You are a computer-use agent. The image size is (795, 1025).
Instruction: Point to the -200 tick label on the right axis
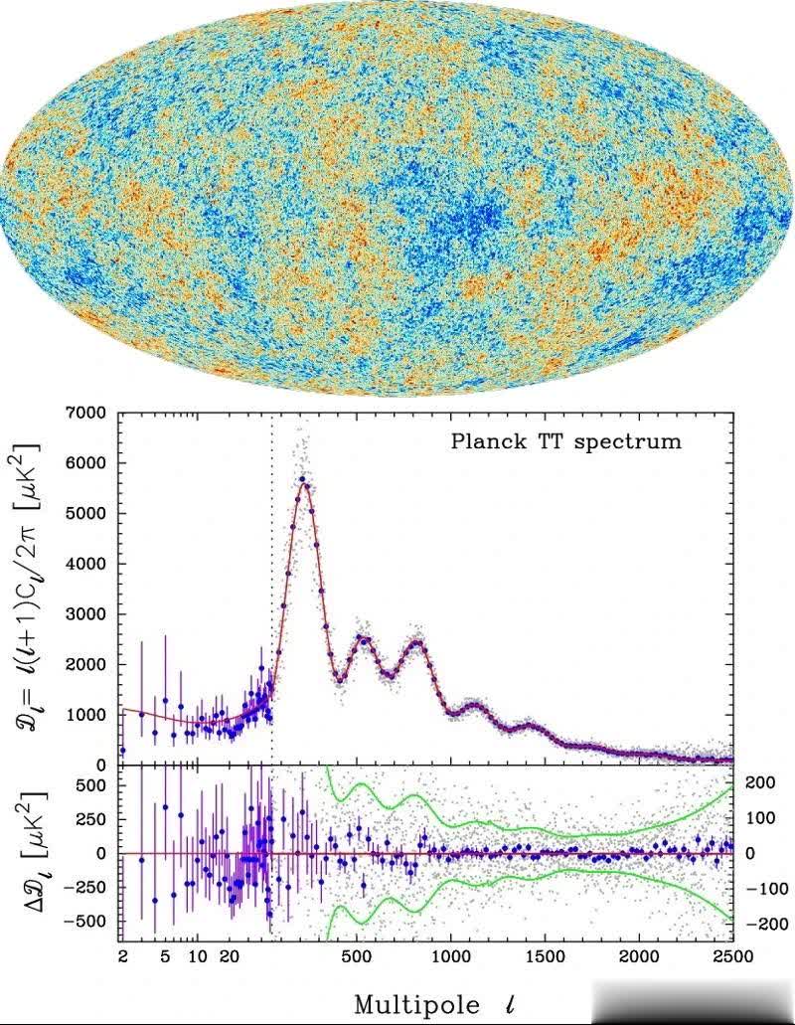(757, 924)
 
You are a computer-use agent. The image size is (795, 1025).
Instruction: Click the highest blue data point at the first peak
(301, 479)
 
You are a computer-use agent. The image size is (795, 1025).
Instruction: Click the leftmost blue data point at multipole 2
(122, 750)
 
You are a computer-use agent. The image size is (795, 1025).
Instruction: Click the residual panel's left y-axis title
(29, 852)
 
